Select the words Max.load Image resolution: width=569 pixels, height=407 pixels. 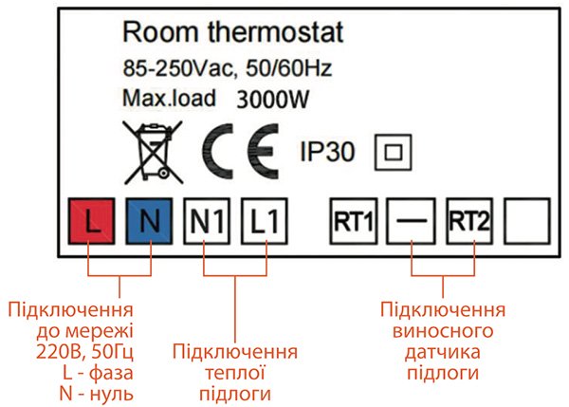click(170, 97)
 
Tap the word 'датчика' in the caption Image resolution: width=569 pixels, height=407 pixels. click(441, 353)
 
